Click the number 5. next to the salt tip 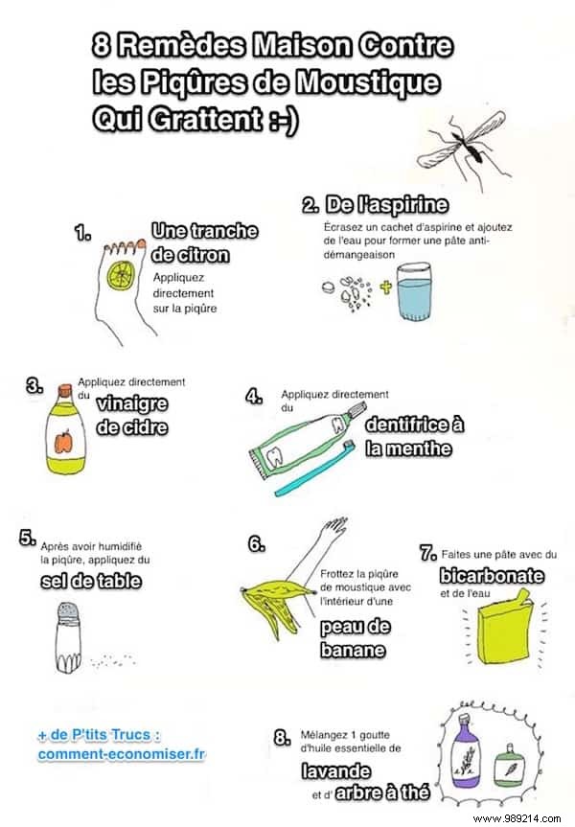click(x=27, y=539)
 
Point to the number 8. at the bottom click(x=282, y=737)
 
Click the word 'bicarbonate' click(x=492, y=576)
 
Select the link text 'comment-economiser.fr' click(x=122, y=754)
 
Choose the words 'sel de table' click(x=91, y=581)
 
